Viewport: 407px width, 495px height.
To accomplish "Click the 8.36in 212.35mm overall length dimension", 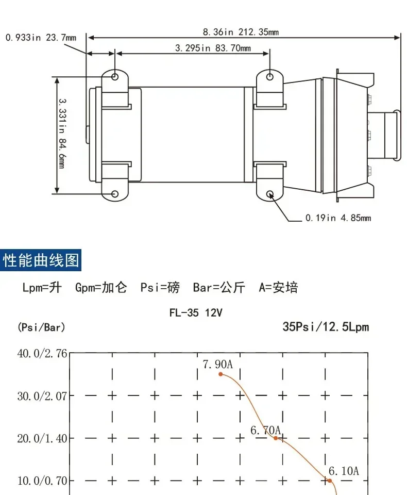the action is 241,32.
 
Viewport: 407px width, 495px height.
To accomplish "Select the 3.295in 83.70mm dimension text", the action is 213,48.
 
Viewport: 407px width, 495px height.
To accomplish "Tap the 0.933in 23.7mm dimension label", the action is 41,38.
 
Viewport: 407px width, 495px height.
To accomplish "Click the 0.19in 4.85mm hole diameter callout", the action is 338,218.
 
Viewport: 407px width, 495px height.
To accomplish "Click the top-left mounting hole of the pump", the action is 115,77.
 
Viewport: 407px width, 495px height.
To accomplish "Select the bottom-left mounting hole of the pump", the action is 115,194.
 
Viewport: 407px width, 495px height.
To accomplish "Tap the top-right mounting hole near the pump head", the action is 270,77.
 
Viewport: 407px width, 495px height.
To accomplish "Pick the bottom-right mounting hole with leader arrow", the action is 270,194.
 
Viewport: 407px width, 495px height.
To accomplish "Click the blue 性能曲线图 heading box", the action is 42,260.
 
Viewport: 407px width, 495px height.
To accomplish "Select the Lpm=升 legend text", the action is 42,288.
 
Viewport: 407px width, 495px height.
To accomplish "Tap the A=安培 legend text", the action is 278,288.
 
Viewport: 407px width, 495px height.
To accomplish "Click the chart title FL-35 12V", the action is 196,312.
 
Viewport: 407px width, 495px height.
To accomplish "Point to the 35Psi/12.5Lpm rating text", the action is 326,326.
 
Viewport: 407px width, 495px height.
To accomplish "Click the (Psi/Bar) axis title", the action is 41,327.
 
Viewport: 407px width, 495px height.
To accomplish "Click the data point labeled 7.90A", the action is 221,374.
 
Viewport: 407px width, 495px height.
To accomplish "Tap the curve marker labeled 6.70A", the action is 276,438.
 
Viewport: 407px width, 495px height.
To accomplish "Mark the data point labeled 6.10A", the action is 330,481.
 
